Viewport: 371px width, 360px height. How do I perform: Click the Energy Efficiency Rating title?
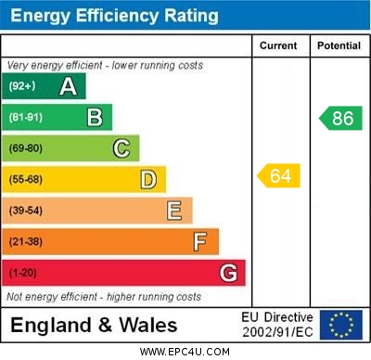pos(114,16)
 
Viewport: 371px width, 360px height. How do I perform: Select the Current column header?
pos(278,45)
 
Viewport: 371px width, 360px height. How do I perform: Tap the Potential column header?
pos(339,45)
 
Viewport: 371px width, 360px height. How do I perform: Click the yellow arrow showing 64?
pos(279,175)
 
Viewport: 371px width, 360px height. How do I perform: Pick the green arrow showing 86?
pos(340,118)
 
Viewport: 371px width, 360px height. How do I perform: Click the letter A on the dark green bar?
pos(68,86)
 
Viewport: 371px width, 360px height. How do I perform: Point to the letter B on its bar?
pos(95,118)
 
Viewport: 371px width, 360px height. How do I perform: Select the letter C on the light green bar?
pos(121,148)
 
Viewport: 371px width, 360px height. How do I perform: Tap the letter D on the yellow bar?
pos(148,179)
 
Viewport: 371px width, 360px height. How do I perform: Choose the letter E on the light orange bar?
pos(174,211)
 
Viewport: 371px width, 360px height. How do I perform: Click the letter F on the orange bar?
pos(200,242)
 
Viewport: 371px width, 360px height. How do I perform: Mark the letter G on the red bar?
pos(228,274)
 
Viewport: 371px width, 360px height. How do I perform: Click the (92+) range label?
pos(21,86)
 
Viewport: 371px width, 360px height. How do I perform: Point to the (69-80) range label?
pos(25,148)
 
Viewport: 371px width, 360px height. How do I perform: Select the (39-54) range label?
pos(25,211)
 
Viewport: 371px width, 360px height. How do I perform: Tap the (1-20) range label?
pos(22,274)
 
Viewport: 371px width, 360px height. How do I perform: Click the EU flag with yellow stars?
pos(341,325)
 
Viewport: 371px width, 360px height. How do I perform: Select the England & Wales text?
pos(94,326)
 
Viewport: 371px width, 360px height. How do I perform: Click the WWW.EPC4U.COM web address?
pos(185,352)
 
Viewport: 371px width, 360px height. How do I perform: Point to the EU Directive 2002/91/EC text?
pos(277,325)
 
